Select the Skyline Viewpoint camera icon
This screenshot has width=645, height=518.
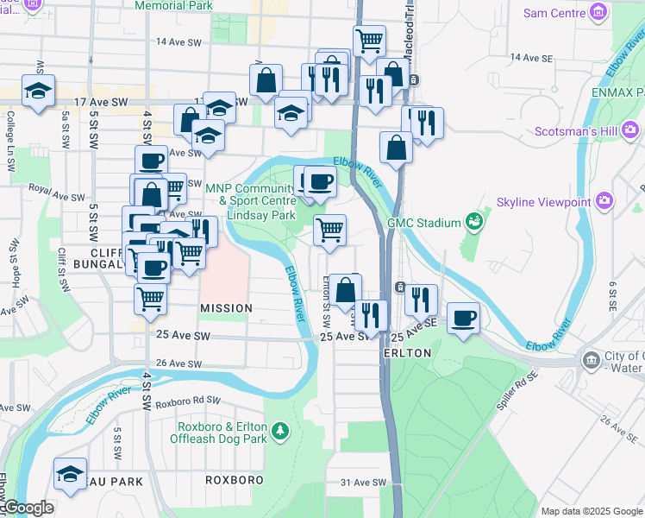coord(604,202)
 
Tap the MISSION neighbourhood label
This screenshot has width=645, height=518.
coord(226,308)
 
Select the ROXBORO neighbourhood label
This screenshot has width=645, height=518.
coord(233,479)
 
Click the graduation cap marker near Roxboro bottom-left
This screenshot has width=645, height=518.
coord(70,473)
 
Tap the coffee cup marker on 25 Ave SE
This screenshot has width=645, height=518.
coord(463,318)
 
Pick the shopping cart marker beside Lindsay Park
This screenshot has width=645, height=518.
coord(329,231)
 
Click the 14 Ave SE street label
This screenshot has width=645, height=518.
coord(531,57)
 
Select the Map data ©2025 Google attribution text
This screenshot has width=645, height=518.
coord(592,511)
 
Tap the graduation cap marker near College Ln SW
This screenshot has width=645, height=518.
coord(38,92)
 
